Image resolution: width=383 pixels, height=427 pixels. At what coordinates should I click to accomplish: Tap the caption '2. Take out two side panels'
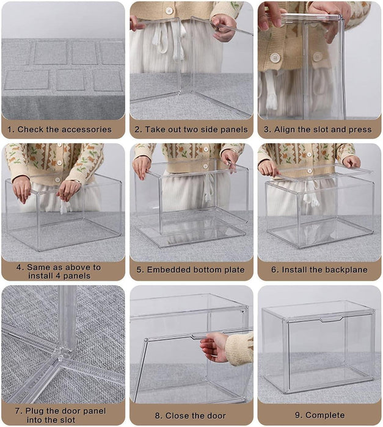[191, 129]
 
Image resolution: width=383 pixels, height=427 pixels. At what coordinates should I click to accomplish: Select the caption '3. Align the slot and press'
[319, 129]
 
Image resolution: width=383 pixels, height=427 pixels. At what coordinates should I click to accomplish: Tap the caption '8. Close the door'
[191, 415]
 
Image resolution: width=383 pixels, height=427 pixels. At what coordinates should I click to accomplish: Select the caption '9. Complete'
[319, 415]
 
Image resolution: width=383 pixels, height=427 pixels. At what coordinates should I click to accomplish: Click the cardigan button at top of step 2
[169, 10]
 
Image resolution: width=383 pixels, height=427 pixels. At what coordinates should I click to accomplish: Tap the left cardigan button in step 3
[275, 57]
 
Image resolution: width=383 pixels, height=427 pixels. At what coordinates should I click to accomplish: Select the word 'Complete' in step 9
[325, 415]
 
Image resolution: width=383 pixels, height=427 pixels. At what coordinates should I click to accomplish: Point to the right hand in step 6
[351, 162]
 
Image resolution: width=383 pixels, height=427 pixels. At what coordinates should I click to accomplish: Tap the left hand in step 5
[142, 166]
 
